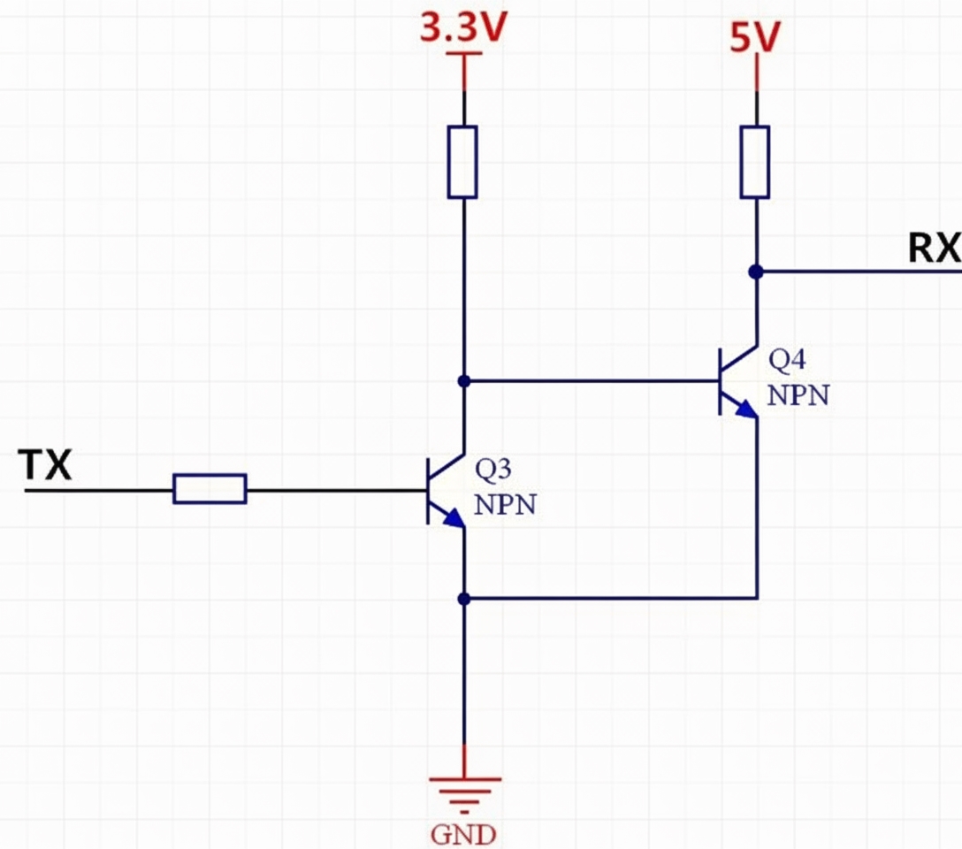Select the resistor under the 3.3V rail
[x=462, y=162]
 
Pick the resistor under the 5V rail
[x=755, y=162]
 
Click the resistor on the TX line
[x=210, y=489]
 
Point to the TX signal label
[x=46, y=464]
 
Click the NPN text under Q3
[x=505, y=505]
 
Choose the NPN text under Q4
[x=798, y=394]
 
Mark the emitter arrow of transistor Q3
[x=453, y=520]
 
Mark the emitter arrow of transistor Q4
[x=746, y=409]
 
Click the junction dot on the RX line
[x=755, y=272]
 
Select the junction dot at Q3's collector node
[x=462, y=381]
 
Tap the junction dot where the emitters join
[x=462, y=599]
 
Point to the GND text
[x=463, y=834]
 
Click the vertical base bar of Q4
[x=721, y=381]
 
